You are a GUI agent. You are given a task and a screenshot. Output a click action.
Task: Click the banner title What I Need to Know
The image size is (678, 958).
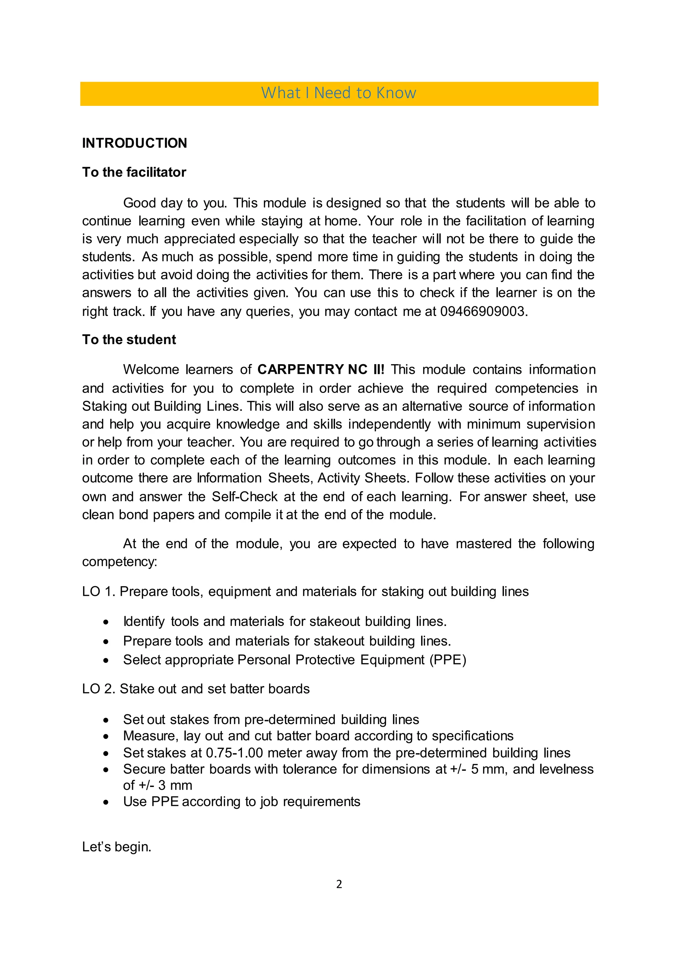coord(339,93)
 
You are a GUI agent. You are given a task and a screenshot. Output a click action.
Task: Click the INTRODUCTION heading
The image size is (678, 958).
coord(134,143)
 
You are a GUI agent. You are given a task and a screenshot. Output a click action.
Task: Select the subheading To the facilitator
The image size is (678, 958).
coord(134,172)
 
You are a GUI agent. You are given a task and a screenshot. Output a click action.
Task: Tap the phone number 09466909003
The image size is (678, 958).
coord(483,311)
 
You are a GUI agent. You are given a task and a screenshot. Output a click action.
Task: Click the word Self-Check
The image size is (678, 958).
coord(245,497)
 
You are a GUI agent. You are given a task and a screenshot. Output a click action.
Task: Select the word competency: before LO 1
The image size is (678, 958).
coord(120,562)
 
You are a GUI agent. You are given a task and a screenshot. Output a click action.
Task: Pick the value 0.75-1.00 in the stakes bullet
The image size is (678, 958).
coord(235,753)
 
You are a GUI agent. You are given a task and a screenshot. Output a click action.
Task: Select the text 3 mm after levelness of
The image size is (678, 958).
coord(175,785)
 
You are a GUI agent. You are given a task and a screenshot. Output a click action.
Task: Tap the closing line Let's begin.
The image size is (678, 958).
coord(117,847)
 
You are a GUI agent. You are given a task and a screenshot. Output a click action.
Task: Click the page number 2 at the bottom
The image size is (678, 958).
coord(339,884)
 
